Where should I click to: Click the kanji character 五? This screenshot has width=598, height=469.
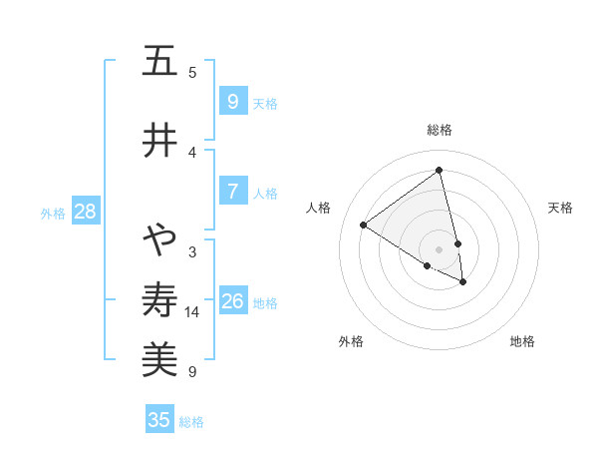point(158,62)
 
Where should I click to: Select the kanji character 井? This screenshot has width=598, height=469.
point(158,140)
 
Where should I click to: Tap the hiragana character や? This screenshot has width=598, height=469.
point(158,239)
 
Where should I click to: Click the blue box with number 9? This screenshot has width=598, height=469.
point(232,102)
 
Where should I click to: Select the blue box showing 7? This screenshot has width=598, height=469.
point(232,192)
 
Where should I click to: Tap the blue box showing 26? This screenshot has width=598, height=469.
point(233,301)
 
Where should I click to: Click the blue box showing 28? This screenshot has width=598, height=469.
point(85,212)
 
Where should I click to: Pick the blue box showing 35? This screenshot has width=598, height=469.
point(159,419)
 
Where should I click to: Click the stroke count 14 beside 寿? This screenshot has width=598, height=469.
point(192,312)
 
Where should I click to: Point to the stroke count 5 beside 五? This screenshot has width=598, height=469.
point(192,73)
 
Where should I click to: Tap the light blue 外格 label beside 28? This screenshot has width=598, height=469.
point(53,213)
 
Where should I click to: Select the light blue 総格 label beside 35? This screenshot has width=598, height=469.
point(191,421)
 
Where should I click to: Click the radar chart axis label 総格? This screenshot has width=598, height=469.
point(440,130)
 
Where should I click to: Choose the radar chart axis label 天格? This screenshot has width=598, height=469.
point(560,208)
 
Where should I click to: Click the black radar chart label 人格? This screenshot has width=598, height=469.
point(318,208)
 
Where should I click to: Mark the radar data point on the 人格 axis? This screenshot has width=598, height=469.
point(363,225)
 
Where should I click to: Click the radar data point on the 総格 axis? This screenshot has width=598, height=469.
point(440,171)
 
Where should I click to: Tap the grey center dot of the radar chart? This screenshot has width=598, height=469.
point(440,249)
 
